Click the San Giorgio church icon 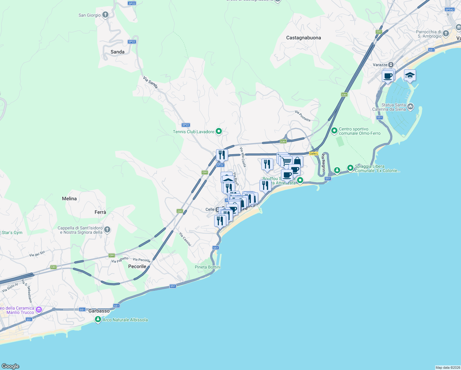[105, 15]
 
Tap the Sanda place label [117, 52]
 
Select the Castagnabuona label [303, 38]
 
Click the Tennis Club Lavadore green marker [219, 132]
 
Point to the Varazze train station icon [391, 65]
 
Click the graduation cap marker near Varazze [410, 76]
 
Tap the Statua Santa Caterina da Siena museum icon [410, 107]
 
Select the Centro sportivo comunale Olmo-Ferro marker [334, 131]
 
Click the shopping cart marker [287, 161]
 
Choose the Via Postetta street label [303, 116]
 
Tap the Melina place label [69, 199]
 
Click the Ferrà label [100, 212]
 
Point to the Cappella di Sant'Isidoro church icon [107, 230]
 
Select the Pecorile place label [137, 266]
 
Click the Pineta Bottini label [207, 267]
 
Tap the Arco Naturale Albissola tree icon [98, 320]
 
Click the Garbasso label [99, 311]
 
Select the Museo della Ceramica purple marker [39, 310]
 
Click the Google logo [10, 366]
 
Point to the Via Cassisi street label [185, 239]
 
